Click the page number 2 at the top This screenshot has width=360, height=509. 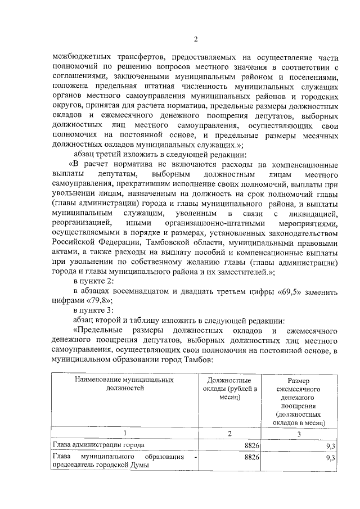tap(196, 39)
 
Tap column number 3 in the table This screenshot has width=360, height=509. tap(299, 434)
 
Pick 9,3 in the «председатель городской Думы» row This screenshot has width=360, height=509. tap(331, 458)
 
